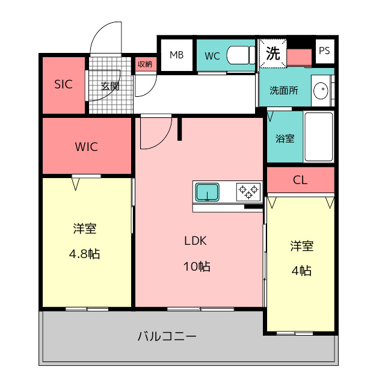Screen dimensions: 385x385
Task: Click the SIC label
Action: (63, 84)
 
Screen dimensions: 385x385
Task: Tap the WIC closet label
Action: (87, 147)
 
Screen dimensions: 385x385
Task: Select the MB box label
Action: (176, 55)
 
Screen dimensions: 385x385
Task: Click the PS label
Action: (324, 51)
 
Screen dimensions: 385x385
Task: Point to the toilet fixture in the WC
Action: (241, 55)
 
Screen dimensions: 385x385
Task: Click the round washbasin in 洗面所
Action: (321, 90)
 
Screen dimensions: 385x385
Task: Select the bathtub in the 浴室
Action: (319, 137)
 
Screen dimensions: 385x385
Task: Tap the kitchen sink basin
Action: (207, 192)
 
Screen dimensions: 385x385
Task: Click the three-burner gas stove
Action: (248, 192)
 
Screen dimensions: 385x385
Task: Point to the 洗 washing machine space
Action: (273, 53)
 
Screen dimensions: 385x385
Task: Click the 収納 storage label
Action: (144, 64)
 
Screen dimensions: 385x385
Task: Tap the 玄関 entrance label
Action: (110, 86)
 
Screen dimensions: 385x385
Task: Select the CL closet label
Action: (300, 180)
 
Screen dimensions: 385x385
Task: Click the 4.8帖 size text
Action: (84, 254)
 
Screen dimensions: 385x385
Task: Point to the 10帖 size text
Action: (197, 266)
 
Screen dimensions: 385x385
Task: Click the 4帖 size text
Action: (301, 271)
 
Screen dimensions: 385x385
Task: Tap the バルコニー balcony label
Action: (167, 336)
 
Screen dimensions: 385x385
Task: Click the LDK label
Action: (196, 241)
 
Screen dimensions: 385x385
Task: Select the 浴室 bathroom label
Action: (285, 139)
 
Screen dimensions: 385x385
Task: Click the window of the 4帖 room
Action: (295, 333)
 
